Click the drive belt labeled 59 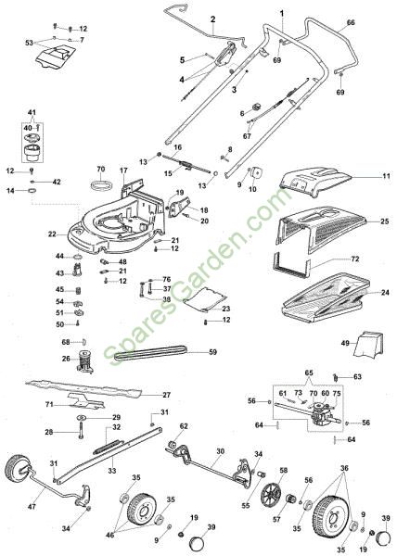pyautogui.click(x=150, y=353)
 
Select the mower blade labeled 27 pyautogui.click(x=83, y=388)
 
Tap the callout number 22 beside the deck pyautogui.click(x=52, y=234)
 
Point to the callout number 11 pyautogui.click(x=386, y=176)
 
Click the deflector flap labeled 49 pyautogui.click(x=369, y=343)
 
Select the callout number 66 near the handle pyautogui.click(x=351, y=22)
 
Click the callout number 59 pyautogui.click(x=212, y=352)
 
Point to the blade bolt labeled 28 pyautogui.click(x=81, y=433)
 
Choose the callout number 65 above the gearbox pyautogui.click(x=309, y=373)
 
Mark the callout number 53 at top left pyautogui.click(x=29, y=43)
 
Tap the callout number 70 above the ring pyautogui.click(x=101, y=170)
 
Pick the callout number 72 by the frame pyautogui.click(x=354, y=259)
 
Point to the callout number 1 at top pyautogui.click(x=282, y=13)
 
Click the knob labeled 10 pyautogui.click(x=257, y=174)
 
